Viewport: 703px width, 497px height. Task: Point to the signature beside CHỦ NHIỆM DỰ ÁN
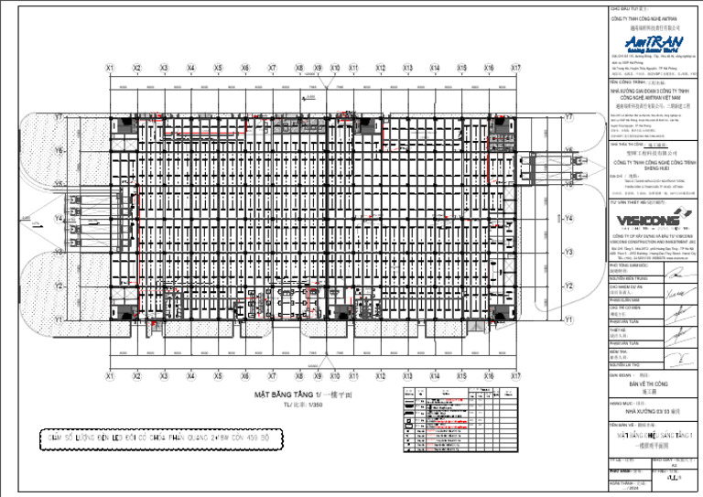(675, 294)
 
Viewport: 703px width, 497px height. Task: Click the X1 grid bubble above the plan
(110, 68)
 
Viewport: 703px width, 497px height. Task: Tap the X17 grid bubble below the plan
(515, 375)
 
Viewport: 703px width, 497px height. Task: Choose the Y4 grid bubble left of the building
(59, 219)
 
